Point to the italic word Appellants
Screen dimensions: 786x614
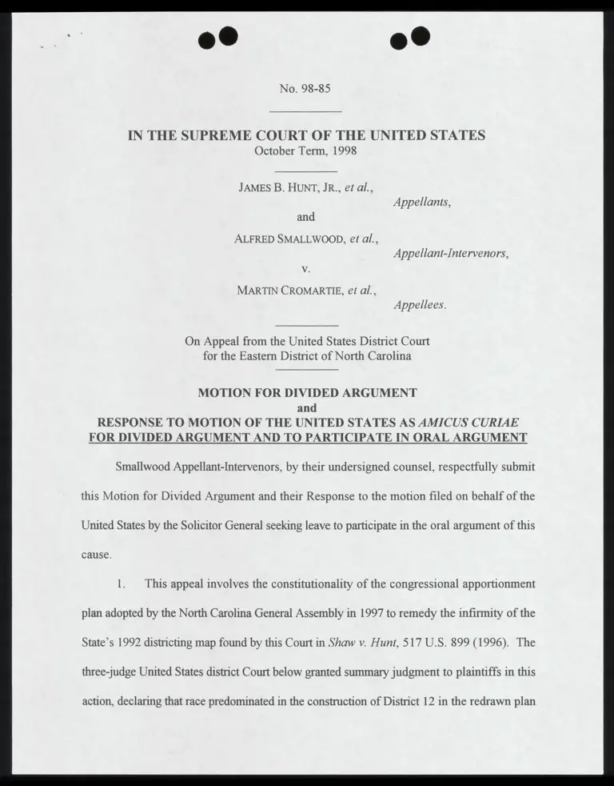click(422, 203)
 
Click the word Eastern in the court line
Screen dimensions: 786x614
click(262, 355)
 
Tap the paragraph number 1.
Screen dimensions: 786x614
click(122, 583)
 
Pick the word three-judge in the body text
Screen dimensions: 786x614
click(112, 671)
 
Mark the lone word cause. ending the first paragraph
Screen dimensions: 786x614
click(96, 554)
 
